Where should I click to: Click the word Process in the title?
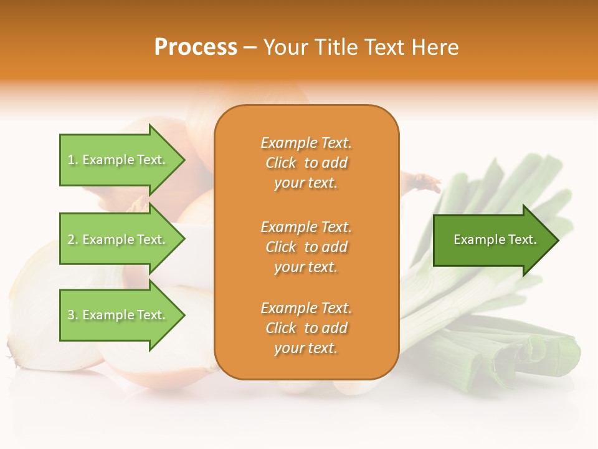click(x=196, y=47)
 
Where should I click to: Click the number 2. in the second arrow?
click(x=72, y=239)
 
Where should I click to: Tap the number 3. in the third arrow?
click(x=72, y=315)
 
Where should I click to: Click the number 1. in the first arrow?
click(x=72, y=160)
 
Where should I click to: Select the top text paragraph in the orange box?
click(x=306, y=163)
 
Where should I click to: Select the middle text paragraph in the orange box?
click(x=306, y=246)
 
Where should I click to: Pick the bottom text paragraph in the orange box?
click(x=306, y=328)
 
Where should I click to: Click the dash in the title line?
click(x=250, y=47)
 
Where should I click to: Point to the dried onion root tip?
click(x=427, y=182)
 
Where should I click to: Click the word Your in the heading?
click(x=285, y=47)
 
